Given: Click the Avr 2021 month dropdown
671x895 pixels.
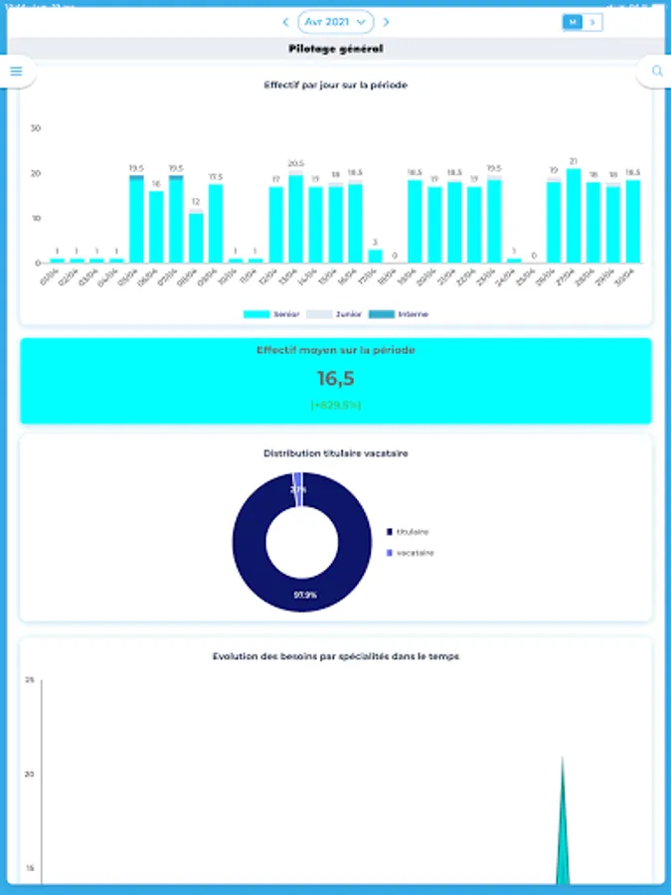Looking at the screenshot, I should (x=335, y=21).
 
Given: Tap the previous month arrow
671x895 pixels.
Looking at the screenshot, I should (x=286, y=21).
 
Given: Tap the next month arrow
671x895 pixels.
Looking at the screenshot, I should (x=386, y=21).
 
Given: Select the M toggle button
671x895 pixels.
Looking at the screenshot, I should (x=572, y=21).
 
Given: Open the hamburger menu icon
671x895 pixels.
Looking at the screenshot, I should (x=16, y=71).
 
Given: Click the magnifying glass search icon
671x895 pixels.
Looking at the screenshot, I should (x=656, y=71).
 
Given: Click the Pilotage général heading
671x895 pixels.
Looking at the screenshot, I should (x=335, y=49).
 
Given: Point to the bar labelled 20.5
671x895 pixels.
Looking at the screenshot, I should (x=295, y=219).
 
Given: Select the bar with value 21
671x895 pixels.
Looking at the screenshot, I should (x=574, y=216).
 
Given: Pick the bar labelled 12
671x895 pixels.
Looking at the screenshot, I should (x=196, y=238).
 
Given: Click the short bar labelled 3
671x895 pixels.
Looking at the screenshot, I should (x=375, y=256).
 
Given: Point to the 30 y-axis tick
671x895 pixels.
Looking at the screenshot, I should (x=36, y=128).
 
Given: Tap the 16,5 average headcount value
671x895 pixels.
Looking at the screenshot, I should (x=336, y=378).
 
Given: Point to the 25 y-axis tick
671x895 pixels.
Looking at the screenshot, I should (x=30, y=680).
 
